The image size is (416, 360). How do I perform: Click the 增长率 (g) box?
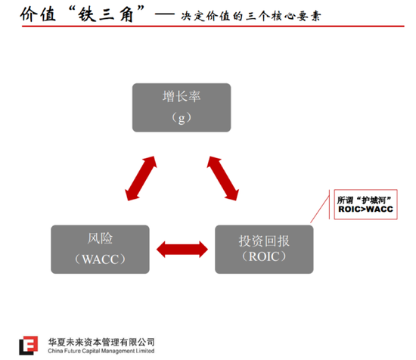coord(182,107)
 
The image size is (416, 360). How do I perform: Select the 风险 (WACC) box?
coord(100,250)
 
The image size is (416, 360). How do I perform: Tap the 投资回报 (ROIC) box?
coord(264,250)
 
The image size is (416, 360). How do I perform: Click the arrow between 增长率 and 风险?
coord(141,178)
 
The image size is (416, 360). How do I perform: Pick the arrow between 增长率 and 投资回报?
coord(223,178)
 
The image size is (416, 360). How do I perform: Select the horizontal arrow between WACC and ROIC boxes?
coord(182,250)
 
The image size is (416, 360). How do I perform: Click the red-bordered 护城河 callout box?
coord(365,204)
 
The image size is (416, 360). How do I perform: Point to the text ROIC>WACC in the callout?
coord(365,209)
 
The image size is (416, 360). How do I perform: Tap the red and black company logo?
coord(28,345)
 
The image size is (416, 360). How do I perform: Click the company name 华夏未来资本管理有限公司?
coord(101,342)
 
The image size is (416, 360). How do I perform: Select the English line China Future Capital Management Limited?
coord(101,351)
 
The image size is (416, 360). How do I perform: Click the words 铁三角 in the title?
coord(105,14)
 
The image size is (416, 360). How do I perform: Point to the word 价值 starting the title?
coord(38,14)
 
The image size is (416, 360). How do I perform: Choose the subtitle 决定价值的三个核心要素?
coord(251,16)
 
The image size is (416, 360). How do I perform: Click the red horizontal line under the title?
coord(213,26)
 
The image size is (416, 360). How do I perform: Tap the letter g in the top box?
coord(182,119)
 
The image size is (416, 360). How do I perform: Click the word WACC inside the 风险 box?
coord(100,259)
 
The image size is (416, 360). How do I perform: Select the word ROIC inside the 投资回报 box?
coord(264,256)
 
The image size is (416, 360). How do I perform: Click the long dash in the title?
coord(164,14)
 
